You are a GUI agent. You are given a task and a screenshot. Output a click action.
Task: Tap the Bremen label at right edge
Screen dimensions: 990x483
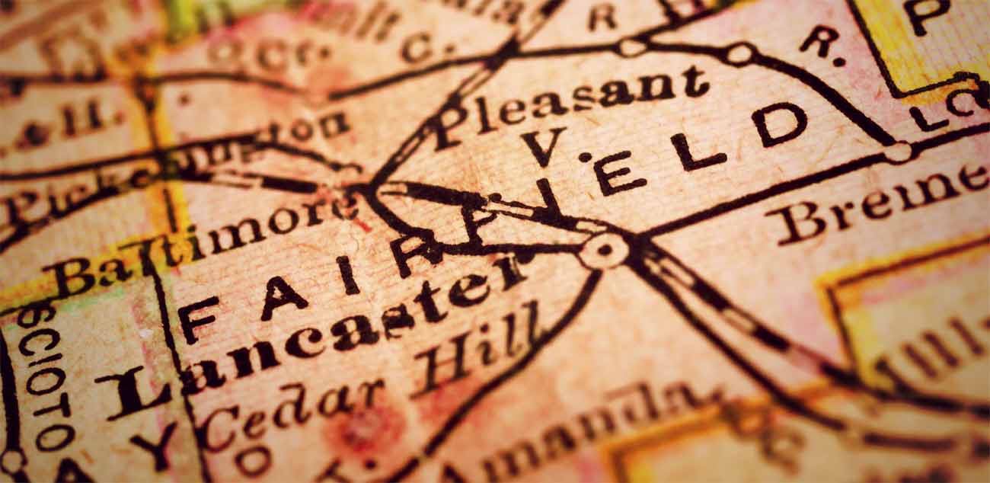pos(876,202)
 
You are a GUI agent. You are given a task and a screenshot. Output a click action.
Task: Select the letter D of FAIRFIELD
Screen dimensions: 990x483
pos(778,125)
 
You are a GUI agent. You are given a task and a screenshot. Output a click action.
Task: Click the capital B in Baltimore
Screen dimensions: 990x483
pos(69,279)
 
